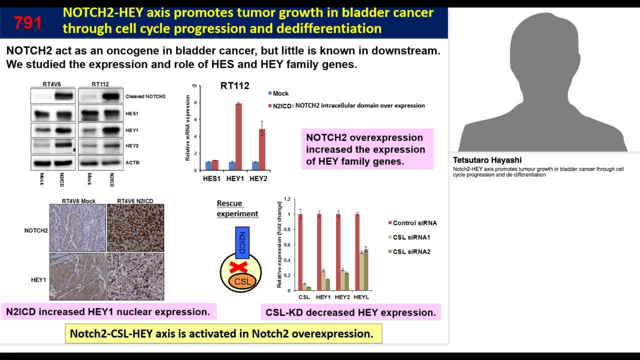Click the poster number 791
(28, 22)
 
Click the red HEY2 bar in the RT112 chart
(261, 149)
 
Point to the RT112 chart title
(234, 86)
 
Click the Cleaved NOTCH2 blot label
(145, 96)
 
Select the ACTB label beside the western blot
(132, 163)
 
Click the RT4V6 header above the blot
(52, 84)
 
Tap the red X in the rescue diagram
(239, 267)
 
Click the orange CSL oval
(242, 281)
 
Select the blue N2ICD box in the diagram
(242, 242)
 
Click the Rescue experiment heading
(237, 208)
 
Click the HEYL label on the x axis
(361, 297)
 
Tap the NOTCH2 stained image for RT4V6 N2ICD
(135, 228)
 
